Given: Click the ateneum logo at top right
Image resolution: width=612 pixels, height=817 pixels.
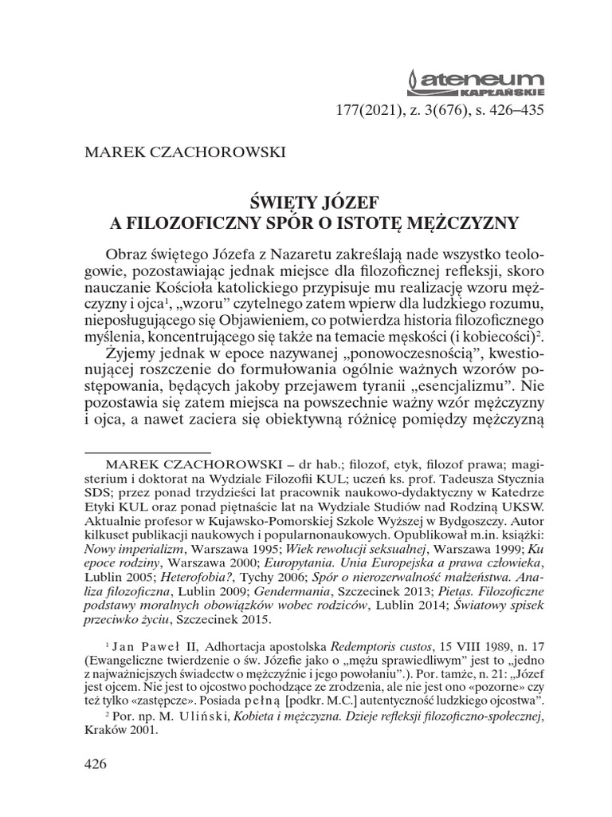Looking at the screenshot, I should [x=475, y=82].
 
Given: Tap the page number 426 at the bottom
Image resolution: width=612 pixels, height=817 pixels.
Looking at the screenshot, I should [x=95, y=764].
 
